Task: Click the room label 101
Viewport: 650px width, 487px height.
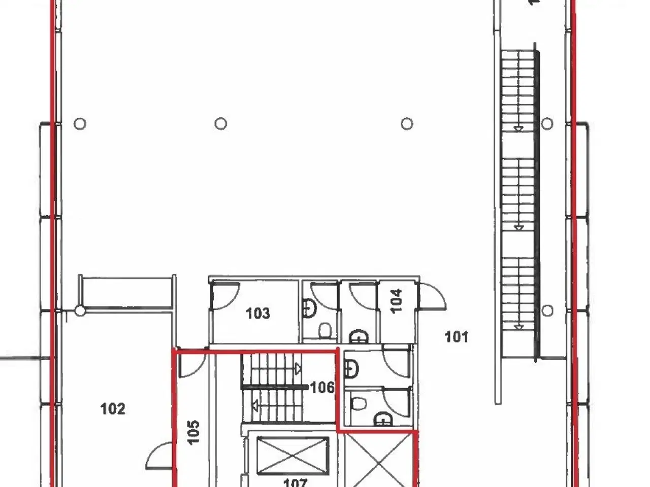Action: point(456,336)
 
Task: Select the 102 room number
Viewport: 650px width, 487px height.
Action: point(113,408)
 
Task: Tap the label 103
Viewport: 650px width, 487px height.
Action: point(258,314)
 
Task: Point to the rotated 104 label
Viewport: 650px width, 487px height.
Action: point(397,300)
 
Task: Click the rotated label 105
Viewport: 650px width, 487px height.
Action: point(193,432)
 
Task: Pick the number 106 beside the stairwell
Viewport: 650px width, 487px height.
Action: point(322,388)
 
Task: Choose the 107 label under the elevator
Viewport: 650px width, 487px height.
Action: point(295,482)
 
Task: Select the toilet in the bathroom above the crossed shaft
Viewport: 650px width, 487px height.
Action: point(359,404)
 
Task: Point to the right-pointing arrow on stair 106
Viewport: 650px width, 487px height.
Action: point(298,369)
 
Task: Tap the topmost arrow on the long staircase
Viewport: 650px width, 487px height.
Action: point(518,129)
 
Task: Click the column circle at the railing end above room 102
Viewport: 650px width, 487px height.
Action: point(80,311)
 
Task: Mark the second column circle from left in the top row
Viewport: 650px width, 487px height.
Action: point(220,123)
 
